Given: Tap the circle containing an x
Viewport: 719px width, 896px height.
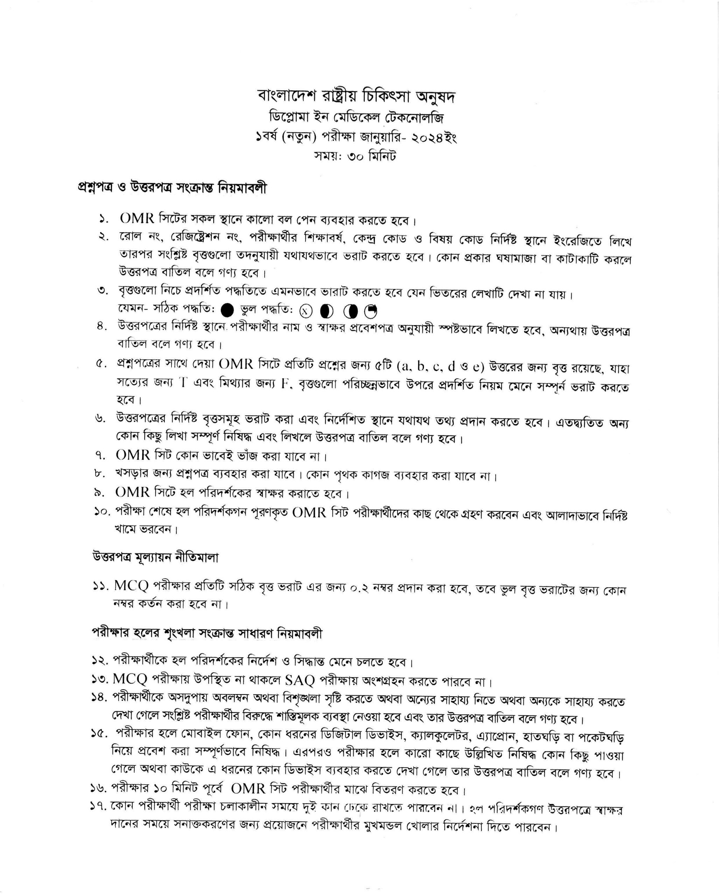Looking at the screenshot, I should click(x=306, y=310).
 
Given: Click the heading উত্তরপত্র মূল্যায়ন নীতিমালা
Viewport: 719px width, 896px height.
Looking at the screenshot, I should click(x=155, y=557).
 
